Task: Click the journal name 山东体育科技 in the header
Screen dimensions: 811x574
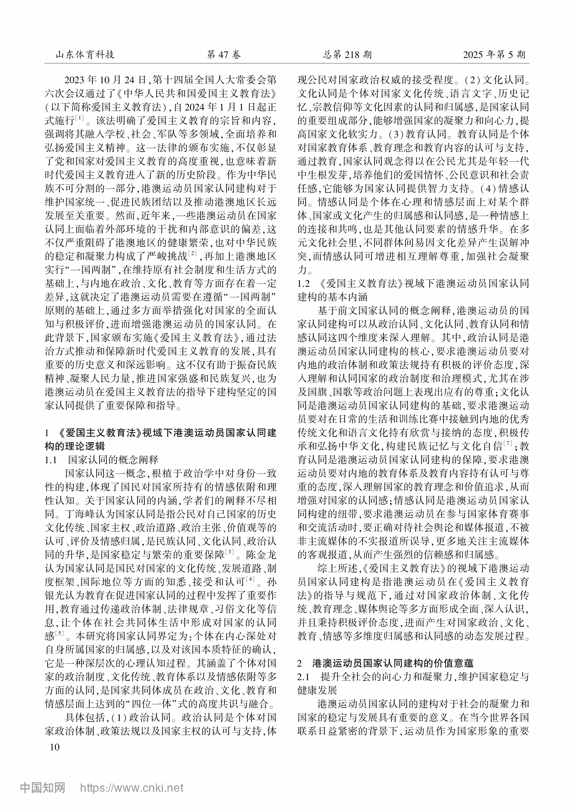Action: pyautogui.click(x=85, y=54)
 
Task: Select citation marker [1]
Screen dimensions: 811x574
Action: pyautogui.click(x=80, y=118)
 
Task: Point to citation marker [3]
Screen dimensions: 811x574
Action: pyautogui.click(x=230, y=551)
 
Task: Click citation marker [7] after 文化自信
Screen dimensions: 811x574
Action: pyautogui.click(x=508, y=443)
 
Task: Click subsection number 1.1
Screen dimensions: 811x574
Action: pyautogui.click(x=51, y=460)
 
